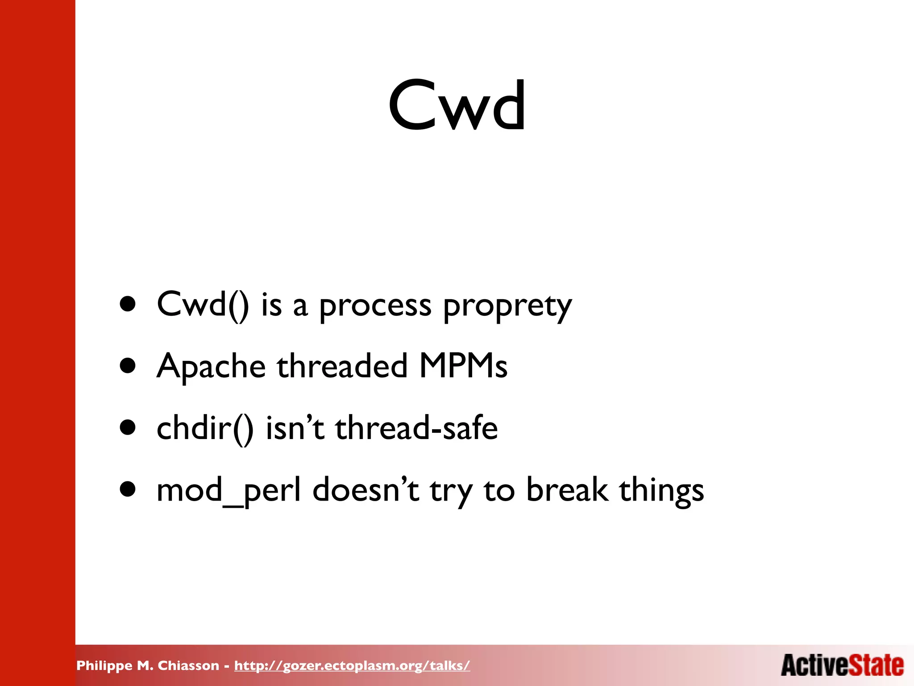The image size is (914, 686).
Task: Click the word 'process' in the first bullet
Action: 375,306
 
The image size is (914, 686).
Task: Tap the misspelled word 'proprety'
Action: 507,306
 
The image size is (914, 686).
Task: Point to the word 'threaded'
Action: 342,366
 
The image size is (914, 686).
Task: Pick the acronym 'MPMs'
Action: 463,366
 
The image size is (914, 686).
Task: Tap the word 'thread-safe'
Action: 416,428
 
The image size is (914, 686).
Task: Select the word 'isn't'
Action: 295,428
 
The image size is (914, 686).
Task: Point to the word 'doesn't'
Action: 366,490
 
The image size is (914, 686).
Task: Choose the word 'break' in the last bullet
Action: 567,490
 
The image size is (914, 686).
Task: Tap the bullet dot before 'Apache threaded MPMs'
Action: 128,366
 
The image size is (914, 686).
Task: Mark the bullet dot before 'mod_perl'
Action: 128,489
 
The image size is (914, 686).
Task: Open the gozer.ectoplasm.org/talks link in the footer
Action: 352,665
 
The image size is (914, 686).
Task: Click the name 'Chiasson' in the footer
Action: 188,665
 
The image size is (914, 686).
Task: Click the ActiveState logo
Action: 842,665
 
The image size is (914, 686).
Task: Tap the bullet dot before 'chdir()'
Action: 128,428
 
